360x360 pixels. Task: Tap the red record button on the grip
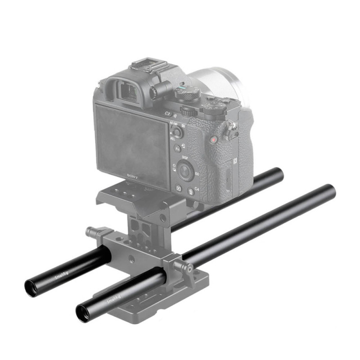[213, 140]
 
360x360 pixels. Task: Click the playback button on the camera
[179, 189]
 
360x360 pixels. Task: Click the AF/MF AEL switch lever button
[177, 132]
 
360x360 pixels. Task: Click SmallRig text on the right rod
[113, 297]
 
